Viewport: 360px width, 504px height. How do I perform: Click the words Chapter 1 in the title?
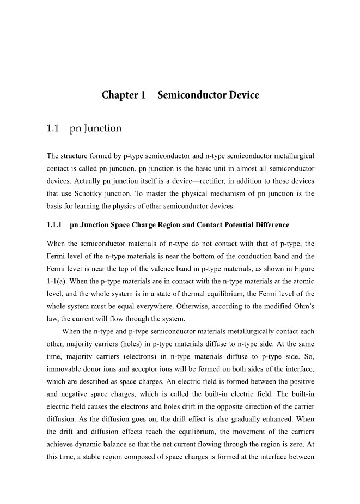click(x=124, y=95)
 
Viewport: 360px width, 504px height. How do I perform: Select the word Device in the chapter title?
click(x=239, y=95)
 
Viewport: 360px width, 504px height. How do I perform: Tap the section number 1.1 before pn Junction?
click(x=53, y=129)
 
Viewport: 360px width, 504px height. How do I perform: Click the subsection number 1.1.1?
click(x=55, y=225)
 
